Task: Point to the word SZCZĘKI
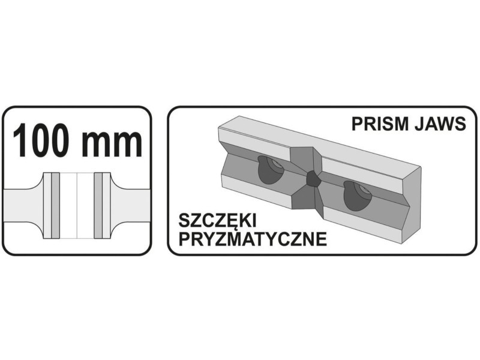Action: coord(217,221)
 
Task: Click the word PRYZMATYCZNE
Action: coord(253,239)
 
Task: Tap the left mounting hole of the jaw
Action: coord(270,169)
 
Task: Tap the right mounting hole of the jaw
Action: coord(356,196)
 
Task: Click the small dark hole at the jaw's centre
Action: coord(313,178)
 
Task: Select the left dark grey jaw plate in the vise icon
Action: coord(55,205)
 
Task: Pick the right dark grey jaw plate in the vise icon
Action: coord(98,205)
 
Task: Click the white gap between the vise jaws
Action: coord(77,205)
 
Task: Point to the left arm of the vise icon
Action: coord(22,206)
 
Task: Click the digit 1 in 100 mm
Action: coord(21,140)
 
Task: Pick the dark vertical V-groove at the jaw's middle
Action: coord(306,178)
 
